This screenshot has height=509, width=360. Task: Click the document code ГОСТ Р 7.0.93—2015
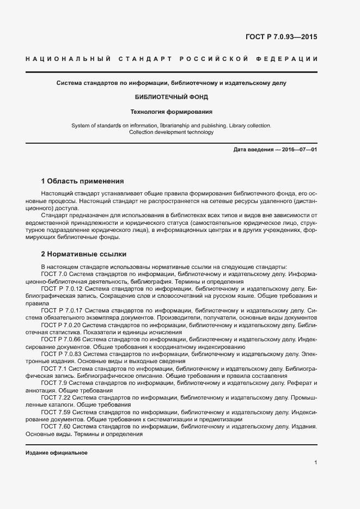pos(281,38)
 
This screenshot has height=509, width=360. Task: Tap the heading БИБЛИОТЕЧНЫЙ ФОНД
pos(172,97)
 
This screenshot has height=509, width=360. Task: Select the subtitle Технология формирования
pos(172,112)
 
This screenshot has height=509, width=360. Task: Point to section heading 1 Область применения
pos(83,181)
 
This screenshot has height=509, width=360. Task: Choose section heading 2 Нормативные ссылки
pos(83,254)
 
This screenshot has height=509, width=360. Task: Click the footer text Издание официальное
pos(57,453)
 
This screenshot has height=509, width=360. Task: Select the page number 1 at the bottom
pos(315,463)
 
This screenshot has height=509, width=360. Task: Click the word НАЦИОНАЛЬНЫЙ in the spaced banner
pos(69,59)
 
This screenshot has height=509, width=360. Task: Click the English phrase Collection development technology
pos(171,132)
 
